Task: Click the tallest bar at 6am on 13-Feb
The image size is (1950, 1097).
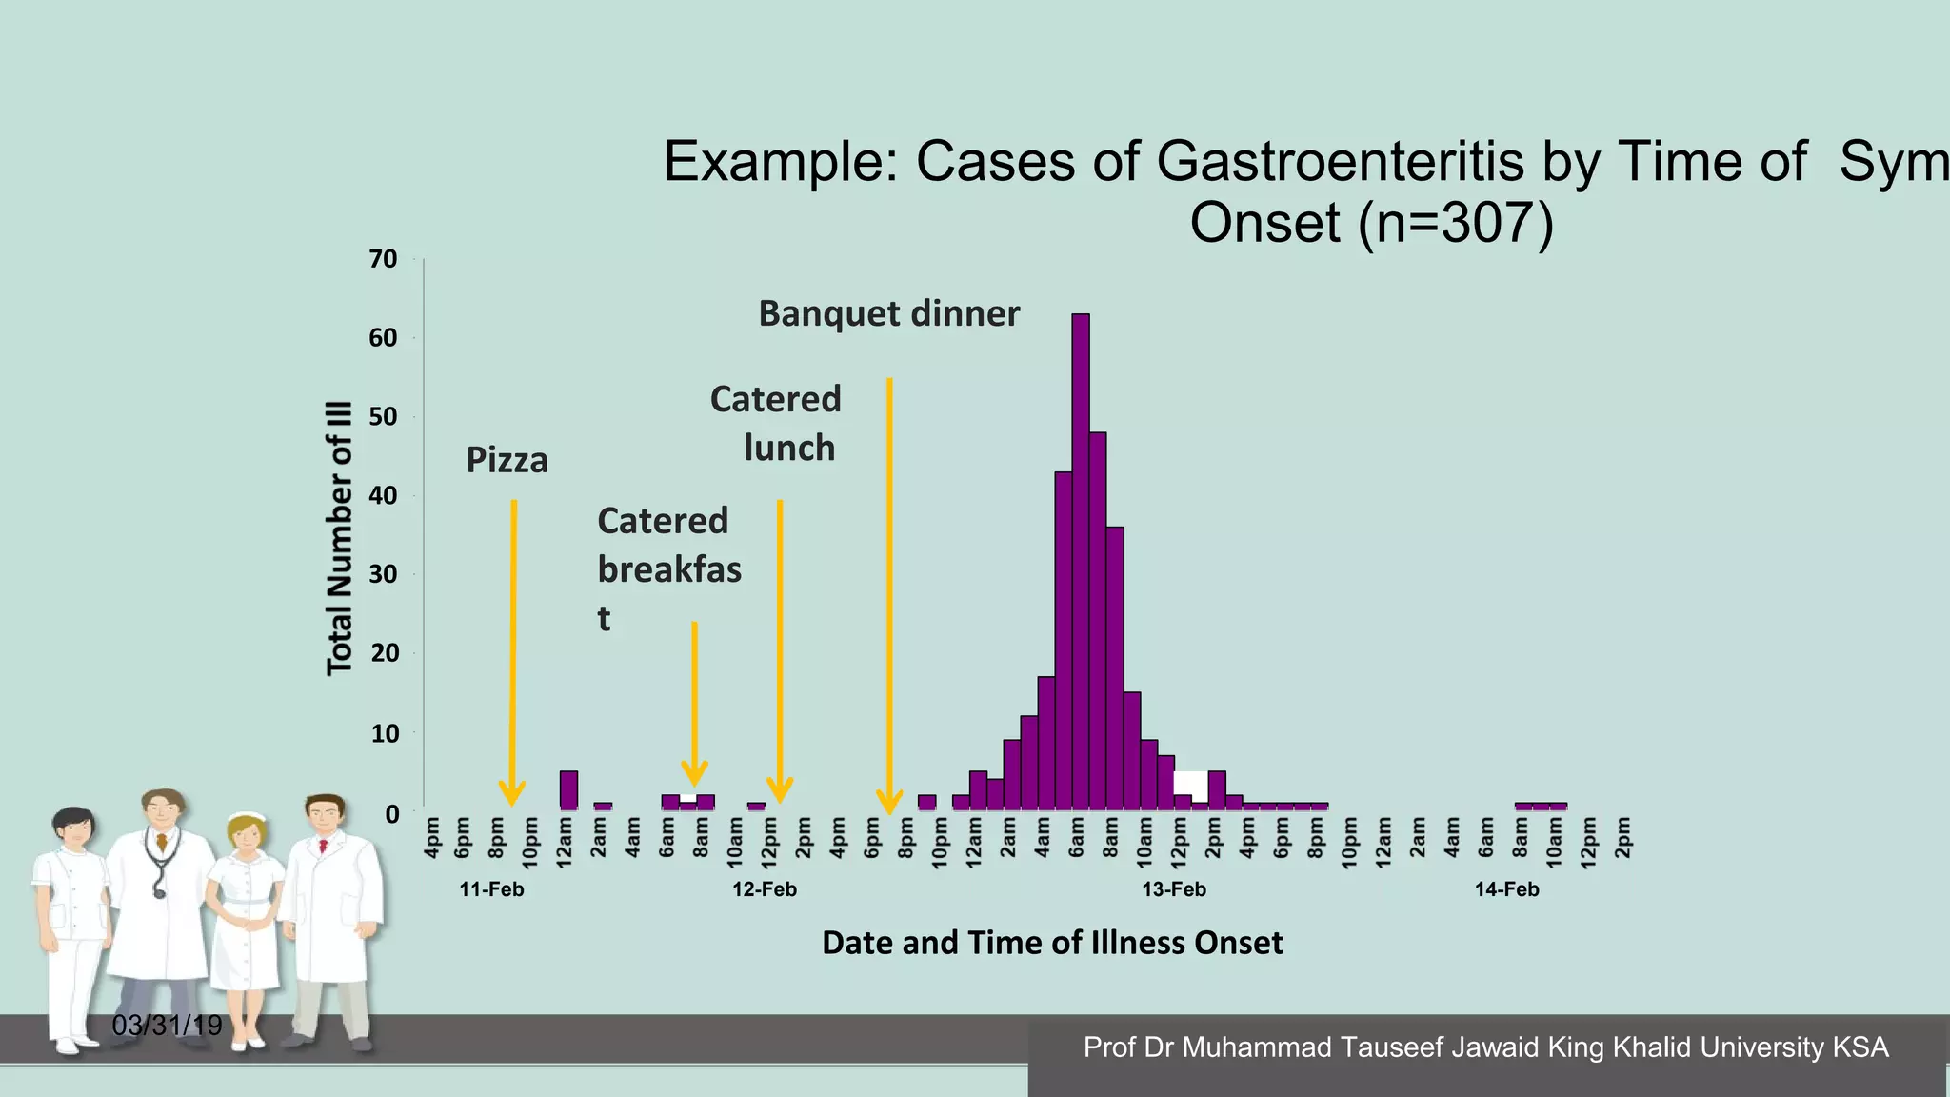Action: click(1081, 562)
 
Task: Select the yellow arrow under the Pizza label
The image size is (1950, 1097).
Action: click(513, 648)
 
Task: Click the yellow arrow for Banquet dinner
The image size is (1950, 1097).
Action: click(889, 590)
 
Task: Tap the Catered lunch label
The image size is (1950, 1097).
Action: click(776, 423)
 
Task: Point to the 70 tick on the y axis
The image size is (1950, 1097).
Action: click(383, 259)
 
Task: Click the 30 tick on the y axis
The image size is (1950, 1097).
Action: click(383, 574)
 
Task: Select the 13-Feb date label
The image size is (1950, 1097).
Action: click(1174, 889)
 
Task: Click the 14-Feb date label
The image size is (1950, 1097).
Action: click(1506, 889)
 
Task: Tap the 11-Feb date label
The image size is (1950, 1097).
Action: click(491, 889)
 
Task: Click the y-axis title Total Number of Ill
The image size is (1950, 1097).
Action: click(340, 538)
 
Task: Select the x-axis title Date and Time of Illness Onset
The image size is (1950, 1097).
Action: click(1052, 943)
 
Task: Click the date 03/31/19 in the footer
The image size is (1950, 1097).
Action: click(167, 1026)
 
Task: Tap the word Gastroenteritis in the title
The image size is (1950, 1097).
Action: click(1340, 161)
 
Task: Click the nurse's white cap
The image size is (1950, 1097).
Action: click(249, 817)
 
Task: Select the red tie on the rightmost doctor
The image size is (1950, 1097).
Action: click(324, 846)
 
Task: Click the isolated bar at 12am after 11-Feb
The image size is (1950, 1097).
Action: click(568, 790)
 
